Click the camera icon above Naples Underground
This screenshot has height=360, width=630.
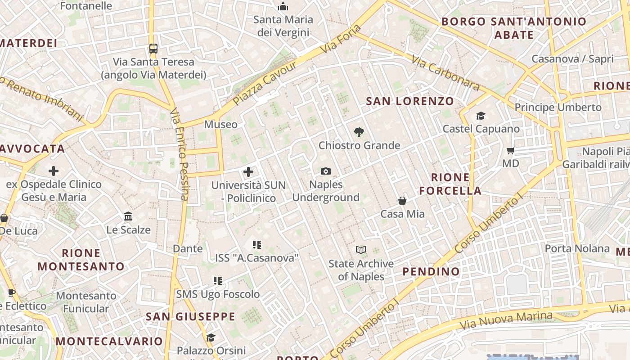[x=326, y=171]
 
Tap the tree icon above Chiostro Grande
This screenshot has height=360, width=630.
[x=359, y=132]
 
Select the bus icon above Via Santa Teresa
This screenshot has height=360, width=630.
[x=153, y=49]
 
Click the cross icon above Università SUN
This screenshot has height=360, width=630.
[x=248, y=172]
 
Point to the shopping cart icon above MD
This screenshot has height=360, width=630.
[x=510, y=151]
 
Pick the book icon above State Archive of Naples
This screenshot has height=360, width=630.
[x=361, y=250]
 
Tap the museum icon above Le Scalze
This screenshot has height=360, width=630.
[x=128, y=216]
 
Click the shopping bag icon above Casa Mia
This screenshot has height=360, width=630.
[x=402, y=201]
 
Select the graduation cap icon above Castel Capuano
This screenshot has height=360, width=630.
[x=481, y=116]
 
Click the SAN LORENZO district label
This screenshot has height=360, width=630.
[x=410, y=101]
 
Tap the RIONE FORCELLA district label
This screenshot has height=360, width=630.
[x=450, y=184]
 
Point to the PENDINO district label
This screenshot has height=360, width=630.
[x=431, y=271]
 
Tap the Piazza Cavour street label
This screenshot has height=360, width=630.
[x=265, y=84]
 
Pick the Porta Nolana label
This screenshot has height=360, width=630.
[x=577, y=248]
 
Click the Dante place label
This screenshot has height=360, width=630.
[x=188, y=248]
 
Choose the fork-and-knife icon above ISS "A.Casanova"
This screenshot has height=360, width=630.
[x=257, y=245]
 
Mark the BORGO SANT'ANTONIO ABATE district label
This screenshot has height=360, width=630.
[x=514, y=28]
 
